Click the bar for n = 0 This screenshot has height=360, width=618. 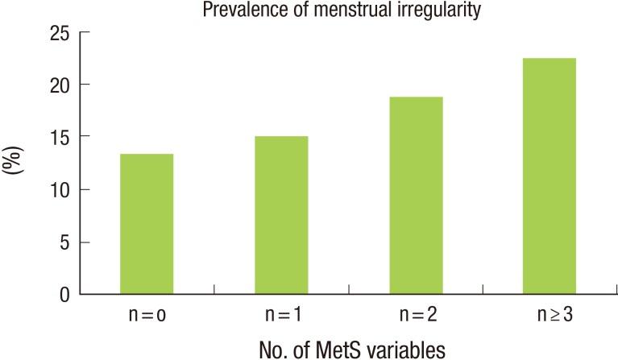pos(146,224)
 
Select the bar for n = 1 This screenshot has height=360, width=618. pos(280,215)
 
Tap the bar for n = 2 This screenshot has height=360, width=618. pos(415,196)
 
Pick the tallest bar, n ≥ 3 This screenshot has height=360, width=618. pos(550,176)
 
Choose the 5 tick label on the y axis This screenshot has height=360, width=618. pos(63,242)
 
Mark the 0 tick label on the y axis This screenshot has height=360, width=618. pos(63,295)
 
